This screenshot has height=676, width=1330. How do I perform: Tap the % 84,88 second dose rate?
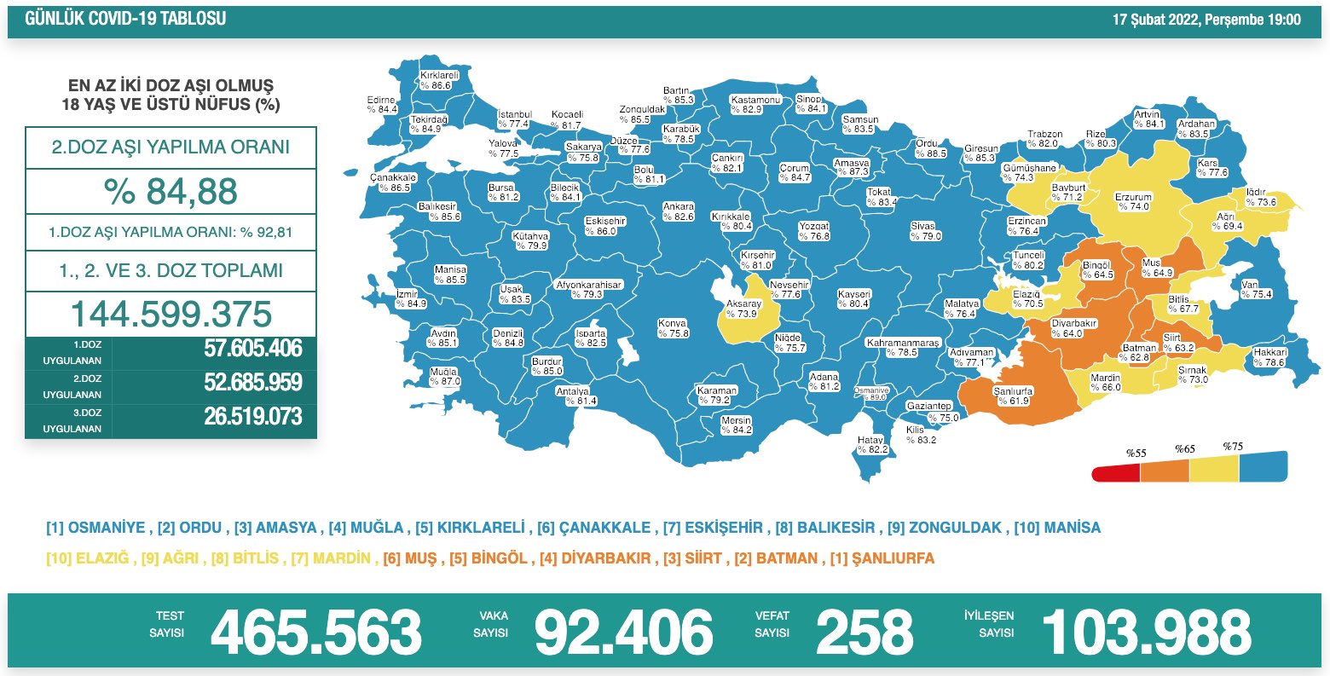tap(171, 192)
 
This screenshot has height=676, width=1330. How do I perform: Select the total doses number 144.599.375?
tap(171, 314)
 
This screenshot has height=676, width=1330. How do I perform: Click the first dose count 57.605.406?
tap(252, 349)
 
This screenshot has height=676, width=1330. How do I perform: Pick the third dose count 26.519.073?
tap(252, 416)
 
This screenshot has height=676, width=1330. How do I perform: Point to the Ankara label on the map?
tap(679, 212)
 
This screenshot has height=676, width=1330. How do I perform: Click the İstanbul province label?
tap(514, 119)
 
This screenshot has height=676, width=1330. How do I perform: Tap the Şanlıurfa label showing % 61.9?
tap(1013, 396)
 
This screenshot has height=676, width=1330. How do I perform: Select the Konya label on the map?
tap(673, 328)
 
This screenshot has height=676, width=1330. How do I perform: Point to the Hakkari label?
tap(1269, 357)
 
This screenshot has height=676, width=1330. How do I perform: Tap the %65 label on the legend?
tap(1184, 449)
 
